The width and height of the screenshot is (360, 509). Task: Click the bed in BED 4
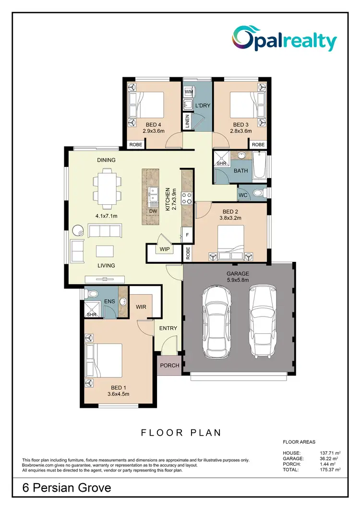(x=147, y=104)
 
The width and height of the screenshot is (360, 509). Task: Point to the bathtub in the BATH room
(x=262, y=168)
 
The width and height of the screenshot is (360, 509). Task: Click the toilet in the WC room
(x=259, y=193)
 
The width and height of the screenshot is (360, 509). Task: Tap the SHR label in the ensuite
(x=92, y=314)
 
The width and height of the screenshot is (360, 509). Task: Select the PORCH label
(x=169, y=366)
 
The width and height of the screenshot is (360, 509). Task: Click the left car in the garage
(x=216, y=322)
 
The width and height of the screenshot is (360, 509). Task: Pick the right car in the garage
(x=262, y=322)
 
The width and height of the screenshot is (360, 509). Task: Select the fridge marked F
(x=187, y=235)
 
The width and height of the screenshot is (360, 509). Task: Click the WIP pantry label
(x=164, y=249)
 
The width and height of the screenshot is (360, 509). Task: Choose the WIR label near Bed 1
(x=141, y=306)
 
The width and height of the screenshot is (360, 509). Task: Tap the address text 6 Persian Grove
(x=67, y=488)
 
